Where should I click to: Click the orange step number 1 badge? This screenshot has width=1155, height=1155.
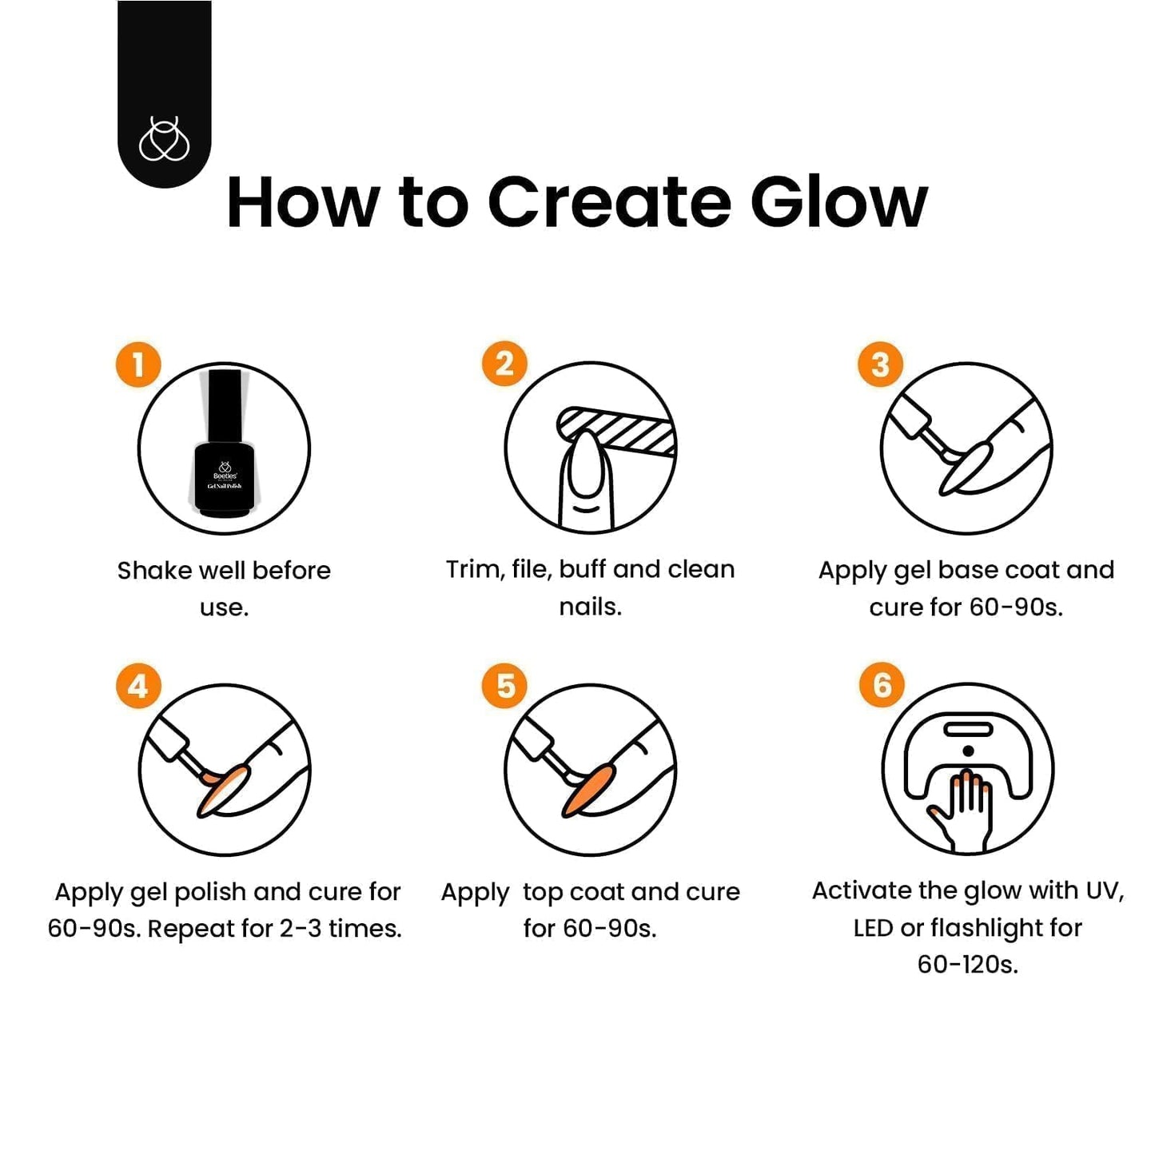[138, 364]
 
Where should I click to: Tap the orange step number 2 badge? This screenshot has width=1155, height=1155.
[504, 364]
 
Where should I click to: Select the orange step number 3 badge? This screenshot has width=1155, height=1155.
[881, 364]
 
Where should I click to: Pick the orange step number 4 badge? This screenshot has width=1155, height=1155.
[138, 686]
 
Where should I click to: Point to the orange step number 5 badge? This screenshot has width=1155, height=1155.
[504, 686]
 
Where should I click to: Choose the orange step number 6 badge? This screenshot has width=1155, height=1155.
[882, 685]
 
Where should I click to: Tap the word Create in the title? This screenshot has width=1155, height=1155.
[610, 202]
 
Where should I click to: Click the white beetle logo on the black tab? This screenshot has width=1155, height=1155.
[164, 139]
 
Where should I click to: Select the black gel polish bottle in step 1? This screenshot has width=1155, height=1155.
[224, 444]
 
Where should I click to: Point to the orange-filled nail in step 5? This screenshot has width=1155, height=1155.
[588, 790]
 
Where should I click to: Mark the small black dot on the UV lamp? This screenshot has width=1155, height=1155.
[967, 751]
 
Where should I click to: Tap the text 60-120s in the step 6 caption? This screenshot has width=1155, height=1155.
[968, 965]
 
